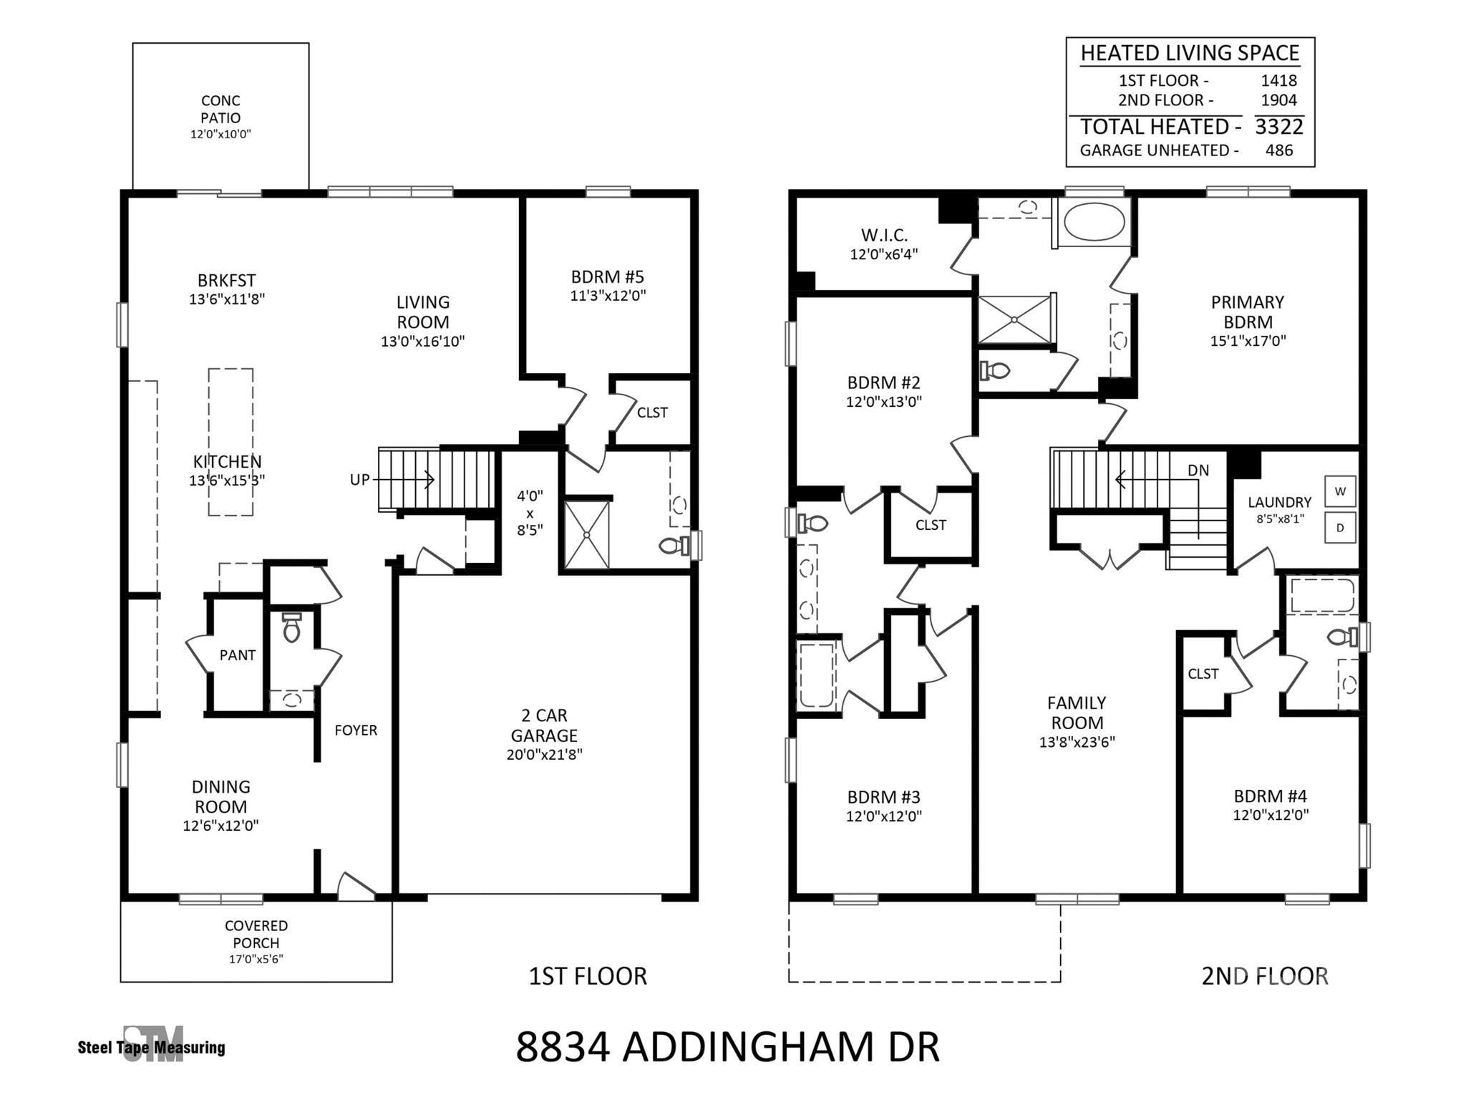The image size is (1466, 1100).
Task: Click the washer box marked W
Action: click(1340, 491)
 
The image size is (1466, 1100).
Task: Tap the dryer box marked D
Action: click(1340, 528)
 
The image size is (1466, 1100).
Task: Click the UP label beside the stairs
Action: click(359, 480)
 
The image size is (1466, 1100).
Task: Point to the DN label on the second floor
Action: click(1198, 471)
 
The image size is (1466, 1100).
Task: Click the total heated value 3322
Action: click(1279, 127)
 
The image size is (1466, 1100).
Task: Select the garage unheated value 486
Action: click(1279, 150)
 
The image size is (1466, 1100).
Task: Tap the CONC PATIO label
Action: click(220, 110)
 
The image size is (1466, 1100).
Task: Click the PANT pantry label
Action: click(238, 655)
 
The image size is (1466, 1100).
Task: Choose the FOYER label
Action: click(356, 730)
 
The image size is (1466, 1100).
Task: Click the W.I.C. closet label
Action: click(884, 235)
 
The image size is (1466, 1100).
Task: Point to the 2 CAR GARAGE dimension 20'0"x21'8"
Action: click(544, 754)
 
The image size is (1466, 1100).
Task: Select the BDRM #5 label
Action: click(608, 276)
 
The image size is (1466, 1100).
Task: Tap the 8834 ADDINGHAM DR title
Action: click(727, 1047)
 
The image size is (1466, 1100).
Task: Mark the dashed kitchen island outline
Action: click(230, 442)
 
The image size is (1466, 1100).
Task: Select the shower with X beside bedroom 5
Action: click(587, 534)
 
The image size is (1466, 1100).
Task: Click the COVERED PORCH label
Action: click(256, 935)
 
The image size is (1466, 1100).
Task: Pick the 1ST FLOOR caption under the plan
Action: click(588, 976)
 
